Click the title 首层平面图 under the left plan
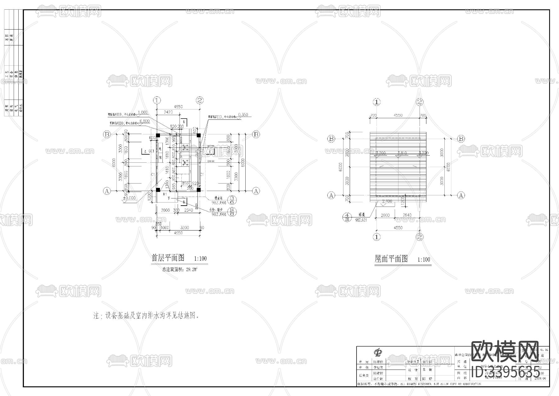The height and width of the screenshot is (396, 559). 168,258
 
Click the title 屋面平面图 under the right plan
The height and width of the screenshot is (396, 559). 391,259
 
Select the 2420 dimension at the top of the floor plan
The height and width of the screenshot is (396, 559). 168,112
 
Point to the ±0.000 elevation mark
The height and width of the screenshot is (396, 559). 129,198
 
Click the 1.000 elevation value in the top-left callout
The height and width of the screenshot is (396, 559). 143,112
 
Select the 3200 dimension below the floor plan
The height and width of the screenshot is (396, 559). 184,227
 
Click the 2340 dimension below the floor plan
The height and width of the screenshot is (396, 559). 189,210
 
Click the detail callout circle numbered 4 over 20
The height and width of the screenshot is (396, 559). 348,217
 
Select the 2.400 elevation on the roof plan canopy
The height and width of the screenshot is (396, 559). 387,201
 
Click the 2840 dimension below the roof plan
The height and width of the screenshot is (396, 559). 407,215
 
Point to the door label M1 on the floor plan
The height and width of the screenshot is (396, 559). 165,194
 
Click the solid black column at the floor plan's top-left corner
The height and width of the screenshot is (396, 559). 158,135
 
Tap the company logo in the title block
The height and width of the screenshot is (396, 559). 378,353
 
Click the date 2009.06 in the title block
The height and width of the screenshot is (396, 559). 540,379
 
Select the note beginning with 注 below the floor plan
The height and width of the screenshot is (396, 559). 146,316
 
